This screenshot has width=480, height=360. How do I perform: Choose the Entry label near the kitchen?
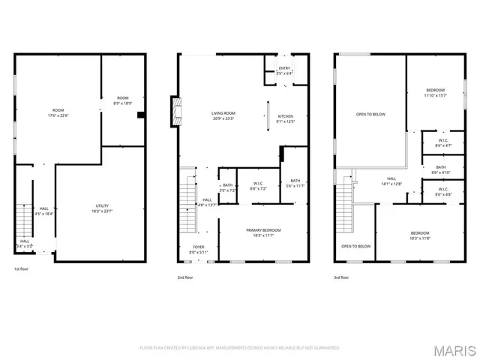[284, 70]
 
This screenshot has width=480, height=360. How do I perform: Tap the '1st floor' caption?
[21, 268]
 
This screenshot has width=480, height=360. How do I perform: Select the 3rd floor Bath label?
[440, 169]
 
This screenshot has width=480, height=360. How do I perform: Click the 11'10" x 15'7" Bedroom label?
[435, 93]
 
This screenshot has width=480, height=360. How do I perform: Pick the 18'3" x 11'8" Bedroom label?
[419, 235]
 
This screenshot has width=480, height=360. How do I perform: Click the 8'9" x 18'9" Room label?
[122, 101]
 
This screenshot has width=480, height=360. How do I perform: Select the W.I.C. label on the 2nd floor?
[257, 185]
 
